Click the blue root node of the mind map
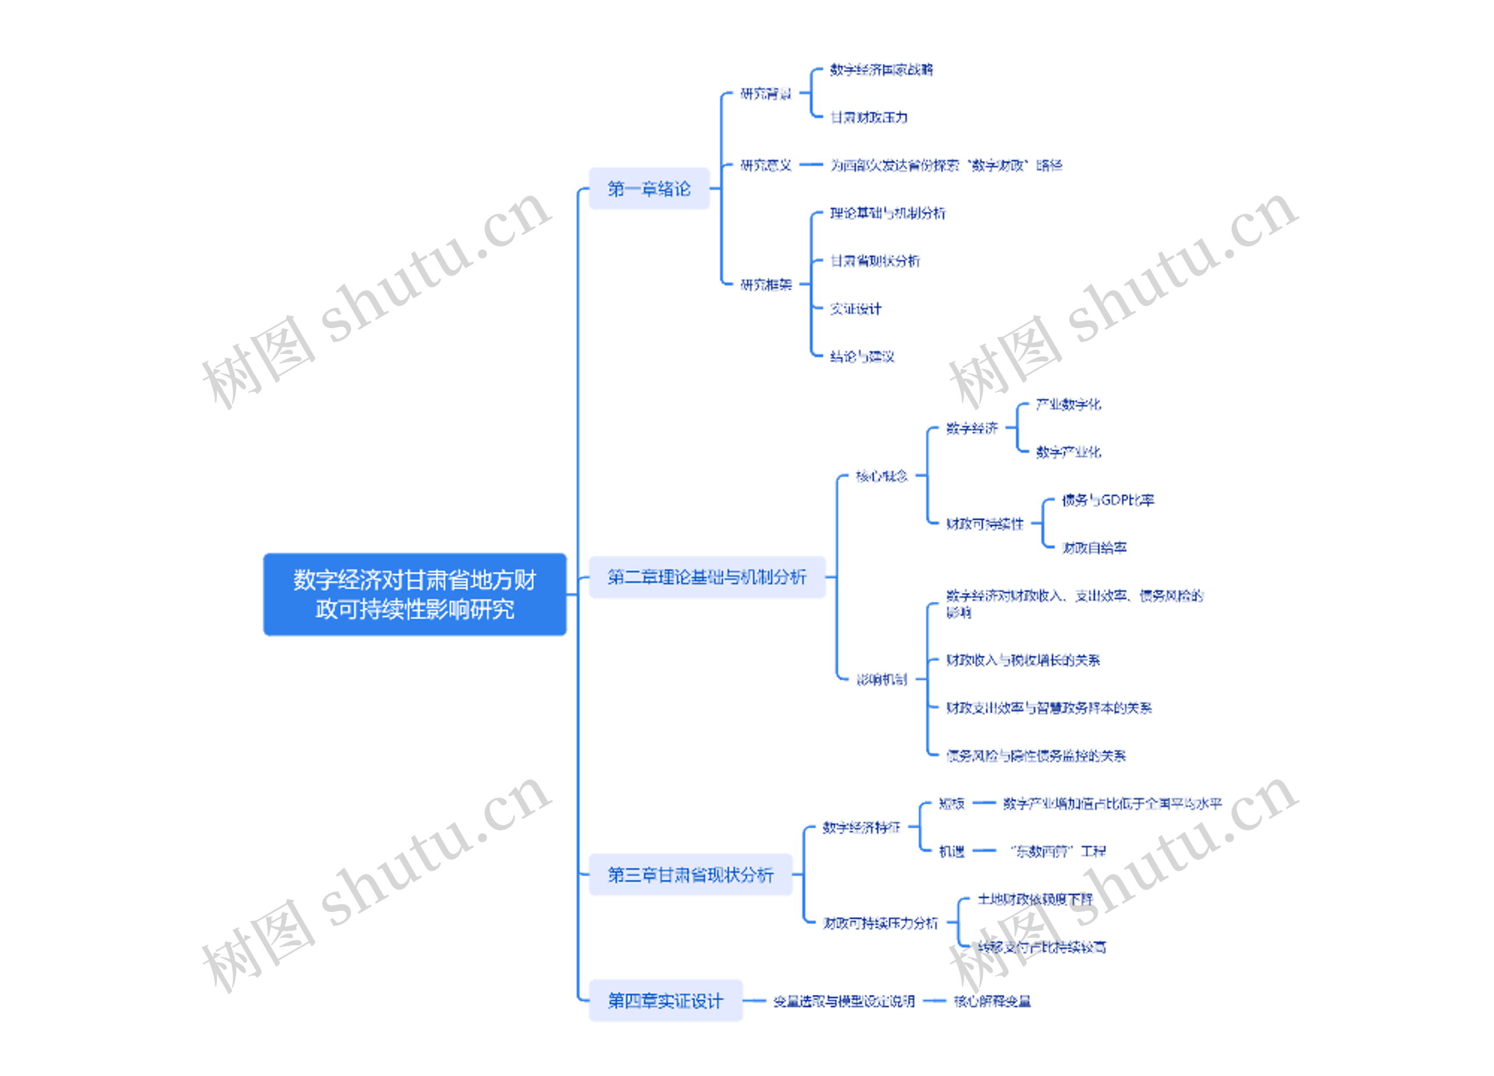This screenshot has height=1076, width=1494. click(414, 594)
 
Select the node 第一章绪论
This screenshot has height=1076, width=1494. click(649, 189)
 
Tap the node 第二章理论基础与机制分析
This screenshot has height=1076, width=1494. click(707, 577)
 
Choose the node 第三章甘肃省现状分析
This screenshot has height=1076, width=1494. click(690, 875)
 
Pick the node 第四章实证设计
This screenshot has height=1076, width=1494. click(665, 1001)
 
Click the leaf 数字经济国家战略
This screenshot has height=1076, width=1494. click(881, 70)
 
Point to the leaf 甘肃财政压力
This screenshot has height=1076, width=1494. click(869, 117)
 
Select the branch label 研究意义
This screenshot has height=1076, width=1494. click(766, 165)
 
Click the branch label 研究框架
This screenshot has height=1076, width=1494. click(766, 285)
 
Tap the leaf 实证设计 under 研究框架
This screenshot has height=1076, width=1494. click(855, 309)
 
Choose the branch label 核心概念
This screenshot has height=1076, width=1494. click(881, 476)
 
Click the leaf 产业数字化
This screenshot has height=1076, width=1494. click(1068, 405)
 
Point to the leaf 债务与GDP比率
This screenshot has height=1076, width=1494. click(1107, 500)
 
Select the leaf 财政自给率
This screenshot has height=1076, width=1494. click(1094, 548)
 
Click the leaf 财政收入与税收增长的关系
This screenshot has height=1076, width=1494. click(1023, 660)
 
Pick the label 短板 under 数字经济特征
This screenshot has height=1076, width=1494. click(951, 803)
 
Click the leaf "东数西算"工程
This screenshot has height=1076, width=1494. click(1059, 851)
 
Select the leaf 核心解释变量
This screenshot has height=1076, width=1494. click(992, 1001)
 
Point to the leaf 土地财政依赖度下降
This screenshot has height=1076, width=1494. click(1035, 900)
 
